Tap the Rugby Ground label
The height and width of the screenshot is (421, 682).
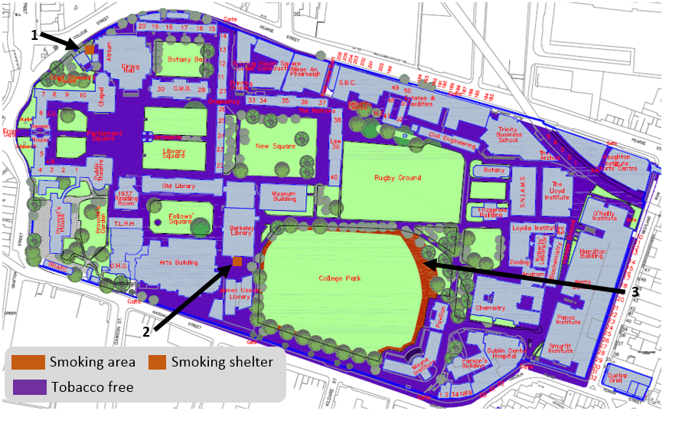coord(397,178)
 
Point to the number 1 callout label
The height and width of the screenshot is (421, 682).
coord(34,35)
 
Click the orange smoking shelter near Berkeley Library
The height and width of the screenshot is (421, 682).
coord(237,262)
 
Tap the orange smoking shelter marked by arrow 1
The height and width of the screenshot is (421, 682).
coord(90,49)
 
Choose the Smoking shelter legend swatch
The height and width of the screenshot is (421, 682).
coord(157,362)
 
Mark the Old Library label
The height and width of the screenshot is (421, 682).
coord(179,186)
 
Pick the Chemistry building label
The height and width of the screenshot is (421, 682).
coord(490,308)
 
